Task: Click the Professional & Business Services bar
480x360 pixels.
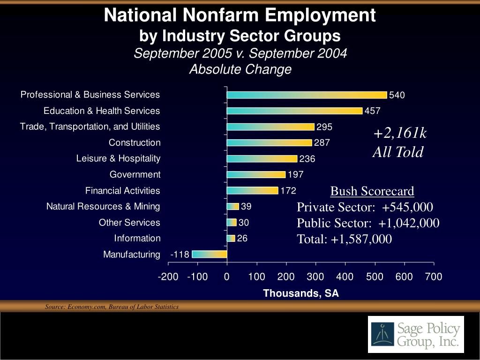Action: pyautogui.click(x=307, y=95)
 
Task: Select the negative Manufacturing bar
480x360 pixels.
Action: pyautogui.click(x=210, y=255)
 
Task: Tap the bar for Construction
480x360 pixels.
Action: pyautogui.click(x=269, y=143)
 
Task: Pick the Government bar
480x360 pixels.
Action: pyautogui.click(x=256, y=175)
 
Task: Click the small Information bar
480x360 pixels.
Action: pyautogui.click(x=231, y=239)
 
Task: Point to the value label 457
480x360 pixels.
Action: pyautogui.click(x=373, y=111)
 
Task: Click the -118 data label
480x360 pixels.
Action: pyautogui.click(x=180, y=255)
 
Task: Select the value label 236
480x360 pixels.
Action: pyautogui.click(x=307, y=159)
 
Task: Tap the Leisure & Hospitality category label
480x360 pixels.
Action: pyautogui.click(x=118, y=158)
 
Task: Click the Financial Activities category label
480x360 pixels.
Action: pyautogui.click(x=122, y=190)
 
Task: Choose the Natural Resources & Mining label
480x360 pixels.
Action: pyautogui.click(x=103, y=206)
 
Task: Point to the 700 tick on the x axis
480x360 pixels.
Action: pyautogui.click(x=434, y=277)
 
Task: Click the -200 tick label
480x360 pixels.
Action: pyautogui.click(x=168, y=277)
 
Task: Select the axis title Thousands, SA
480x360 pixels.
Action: pyautogui.click(x=300, y=293)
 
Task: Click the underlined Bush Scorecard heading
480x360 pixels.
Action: pyautogui.click(x=372, y=191)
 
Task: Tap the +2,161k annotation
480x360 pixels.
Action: pyautogui.click(x=400, y=134)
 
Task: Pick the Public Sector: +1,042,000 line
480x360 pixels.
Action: pyautogui.click(x=368, y=223)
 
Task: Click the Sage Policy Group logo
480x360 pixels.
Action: pyautogui.click(x=416, y=334)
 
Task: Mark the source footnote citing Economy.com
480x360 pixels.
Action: pyautogui.click(x=112, y=307)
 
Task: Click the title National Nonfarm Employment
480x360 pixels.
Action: pyautogui.click(x=240, y=15)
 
